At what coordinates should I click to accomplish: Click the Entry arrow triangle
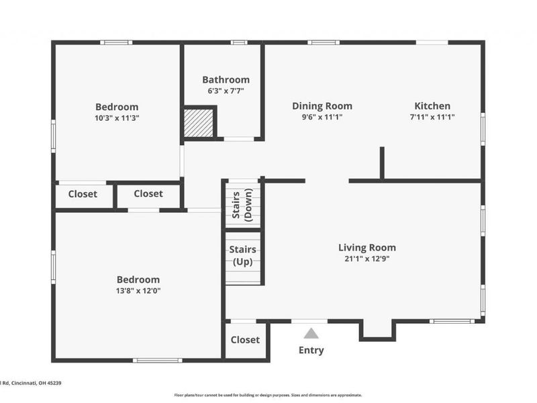[311, 333]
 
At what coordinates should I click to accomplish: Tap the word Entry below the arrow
[311, 350]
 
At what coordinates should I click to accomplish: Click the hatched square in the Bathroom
[199, 123]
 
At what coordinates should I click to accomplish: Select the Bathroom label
[226, 79]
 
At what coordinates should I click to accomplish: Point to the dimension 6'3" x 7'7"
[226, 91]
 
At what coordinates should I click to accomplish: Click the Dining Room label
[322, 105]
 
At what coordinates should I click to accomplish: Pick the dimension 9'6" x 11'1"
[322, 117]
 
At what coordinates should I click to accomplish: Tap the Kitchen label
[432, 105]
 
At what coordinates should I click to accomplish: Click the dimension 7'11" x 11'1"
[432, 117]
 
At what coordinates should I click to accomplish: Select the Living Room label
[367, 247]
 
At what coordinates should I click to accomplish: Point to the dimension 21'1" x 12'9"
[367, 259]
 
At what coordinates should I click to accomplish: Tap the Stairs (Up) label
[242, 255]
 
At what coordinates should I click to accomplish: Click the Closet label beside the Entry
[245, 340]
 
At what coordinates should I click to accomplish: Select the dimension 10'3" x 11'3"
[117, 118]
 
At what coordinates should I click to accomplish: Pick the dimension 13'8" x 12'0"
[138, 291]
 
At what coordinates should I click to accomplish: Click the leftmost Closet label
[83, 194]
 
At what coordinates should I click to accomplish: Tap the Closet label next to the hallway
[148, 193]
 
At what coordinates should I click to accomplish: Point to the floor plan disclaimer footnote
[268, 395]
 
